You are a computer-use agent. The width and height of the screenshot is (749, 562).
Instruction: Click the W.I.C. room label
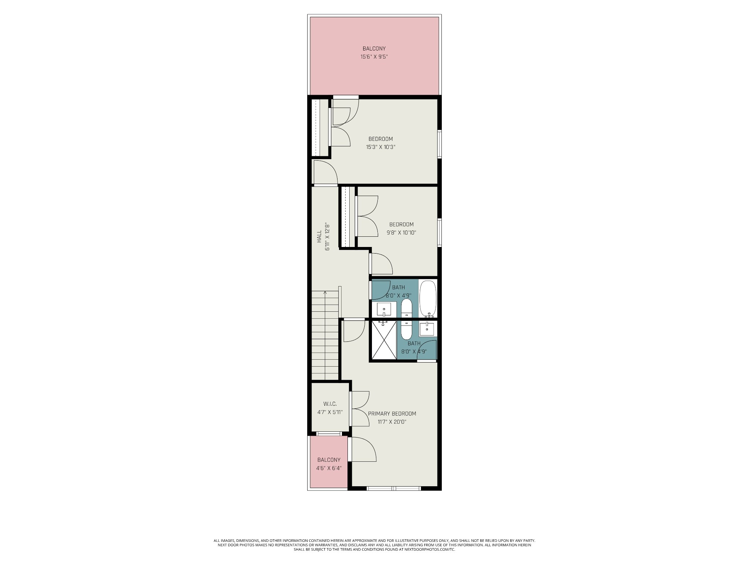coord(330,404)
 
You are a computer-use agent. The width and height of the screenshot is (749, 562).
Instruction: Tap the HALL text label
coord(319,236)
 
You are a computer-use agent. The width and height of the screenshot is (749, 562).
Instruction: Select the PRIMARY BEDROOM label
coord(392,413)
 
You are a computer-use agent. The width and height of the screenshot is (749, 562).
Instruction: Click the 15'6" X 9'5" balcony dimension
coord(374,57)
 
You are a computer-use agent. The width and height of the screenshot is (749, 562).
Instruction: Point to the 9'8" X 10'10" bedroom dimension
coord(401,232)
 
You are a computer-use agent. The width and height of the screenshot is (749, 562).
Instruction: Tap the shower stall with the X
coord(384,340)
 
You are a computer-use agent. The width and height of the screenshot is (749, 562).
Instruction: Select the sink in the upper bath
coord(384,309)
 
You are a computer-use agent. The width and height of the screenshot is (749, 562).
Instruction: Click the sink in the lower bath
coord(427,329)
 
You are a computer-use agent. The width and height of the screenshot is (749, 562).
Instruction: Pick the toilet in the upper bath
coord(406,308)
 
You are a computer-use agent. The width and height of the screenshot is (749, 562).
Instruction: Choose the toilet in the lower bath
coord(406,330)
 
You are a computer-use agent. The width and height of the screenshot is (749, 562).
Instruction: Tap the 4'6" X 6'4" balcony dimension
coord(329,468)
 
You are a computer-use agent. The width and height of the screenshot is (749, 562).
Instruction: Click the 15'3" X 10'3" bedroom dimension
coord(381,147)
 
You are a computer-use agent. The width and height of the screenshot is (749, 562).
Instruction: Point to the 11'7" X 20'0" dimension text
coord(392,421)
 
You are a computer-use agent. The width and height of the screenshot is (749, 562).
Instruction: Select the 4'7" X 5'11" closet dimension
coord(330,412)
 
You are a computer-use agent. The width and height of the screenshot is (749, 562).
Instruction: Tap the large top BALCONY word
coord(374,48)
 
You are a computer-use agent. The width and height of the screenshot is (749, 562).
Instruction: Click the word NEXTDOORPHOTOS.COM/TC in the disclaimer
coord(436,559)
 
